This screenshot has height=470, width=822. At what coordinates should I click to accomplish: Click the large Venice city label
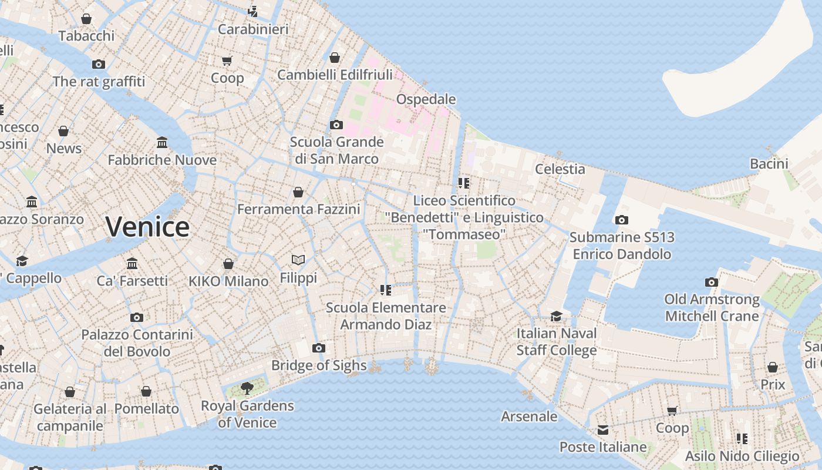147,227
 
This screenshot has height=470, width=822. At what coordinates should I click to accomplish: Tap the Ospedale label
426,99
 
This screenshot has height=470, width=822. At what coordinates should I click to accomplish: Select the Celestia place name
560,169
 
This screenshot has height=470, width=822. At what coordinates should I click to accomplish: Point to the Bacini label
769,164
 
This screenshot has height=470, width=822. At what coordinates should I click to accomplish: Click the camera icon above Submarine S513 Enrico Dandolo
621,220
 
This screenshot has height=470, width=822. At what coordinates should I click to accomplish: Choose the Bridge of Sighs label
319,365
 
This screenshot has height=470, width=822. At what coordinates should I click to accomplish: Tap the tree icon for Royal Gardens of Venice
247,387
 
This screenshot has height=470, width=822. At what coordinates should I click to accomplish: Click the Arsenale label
529,417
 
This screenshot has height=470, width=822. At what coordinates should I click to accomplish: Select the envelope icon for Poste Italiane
603,430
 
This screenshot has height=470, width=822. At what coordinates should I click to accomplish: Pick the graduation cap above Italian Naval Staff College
556,317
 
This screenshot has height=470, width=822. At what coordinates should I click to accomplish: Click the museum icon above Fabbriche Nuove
162,143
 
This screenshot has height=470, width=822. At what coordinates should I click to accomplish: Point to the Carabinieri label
253,29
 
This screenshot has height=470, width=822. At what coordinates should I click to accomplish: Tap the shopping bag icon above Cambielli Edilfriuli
335,58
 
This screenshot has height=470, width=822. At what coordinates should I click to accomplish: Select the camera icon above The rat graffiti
99,64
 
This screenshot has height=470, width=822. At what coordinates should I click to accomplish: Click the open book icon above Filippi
298,260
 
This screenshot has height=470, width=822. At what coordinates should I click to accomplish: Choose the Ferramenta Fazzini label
298,209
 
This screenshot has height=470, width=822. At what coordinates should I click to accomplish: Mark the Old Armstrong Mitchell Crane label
712,308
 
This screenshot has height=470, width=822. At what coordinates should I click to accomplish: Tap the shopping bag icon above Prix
773,368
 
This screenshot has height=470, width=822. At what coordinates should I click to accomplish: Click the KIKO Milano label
228,281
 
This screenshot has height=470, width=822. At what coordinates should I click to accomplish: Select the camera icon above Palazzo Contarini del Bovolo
137,318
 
